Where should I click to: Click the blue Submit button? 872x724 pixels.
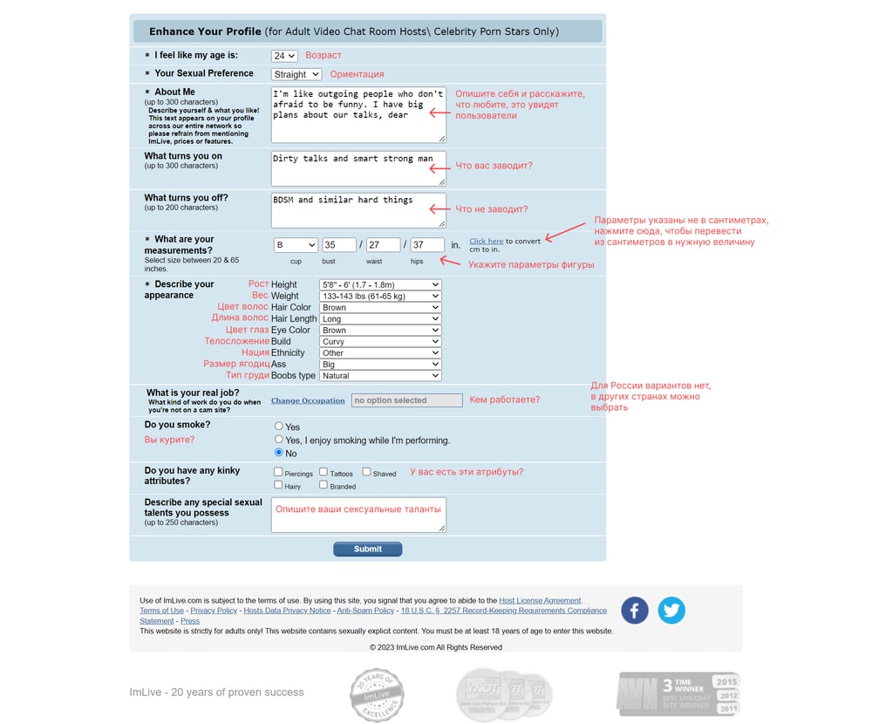[367, 549]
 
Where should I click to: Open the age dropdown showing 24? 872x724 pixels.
[284, 56]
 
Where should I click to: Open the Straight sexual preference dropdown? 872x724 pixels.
[296, 75]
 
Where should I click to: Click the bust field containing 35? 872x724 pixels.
[339, 245]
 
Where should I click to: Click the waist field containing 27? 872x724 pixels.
[383, 245]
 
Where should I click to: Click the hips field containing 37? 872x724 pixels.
[427, 245]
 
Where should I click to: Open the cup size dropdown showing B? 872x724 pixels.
[296, 245]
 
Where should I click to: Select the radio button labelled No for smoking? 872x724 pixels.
[279, 453]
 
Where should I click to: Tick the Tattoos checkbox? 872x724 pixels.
[324, 472]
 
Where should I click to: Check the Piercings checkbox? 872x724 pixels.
[278, 472]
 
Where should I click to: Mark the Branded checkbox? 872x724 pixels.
[324, 485]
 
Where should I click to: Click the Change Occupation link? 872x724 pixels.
[308, 400]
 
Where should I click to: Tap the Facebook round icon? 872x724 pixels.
[634, 610]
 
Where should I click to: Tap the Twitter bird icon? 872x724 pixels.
[671, 610]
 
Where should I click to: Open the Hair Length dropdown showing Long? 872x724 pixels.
[380, 319]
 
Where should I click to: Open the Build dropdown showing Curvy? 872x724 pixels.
[380, 342]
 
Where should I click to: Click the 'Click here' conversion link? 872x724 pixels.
[486, 241]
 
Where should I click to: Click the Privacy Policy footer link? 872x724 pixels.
[214, 611]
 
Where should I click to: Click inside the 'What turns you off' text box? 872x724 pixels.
[358, 211]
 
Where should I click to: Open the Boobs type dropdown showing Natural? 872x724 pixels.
[380, 376]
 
